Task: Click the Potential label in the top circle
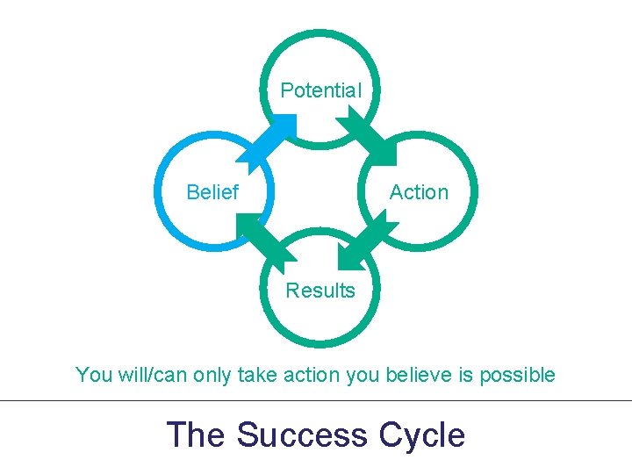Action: tap(320, 90)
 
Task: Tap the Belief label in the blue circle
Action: tap(212, 192)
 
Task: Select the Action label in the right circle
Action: tap(419, 192)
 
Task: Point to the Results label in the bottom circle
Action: tap(320, 291)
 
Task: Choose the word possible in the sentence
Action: tap(517, 376)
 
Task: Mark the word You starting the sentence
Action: tap(93, 376)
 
